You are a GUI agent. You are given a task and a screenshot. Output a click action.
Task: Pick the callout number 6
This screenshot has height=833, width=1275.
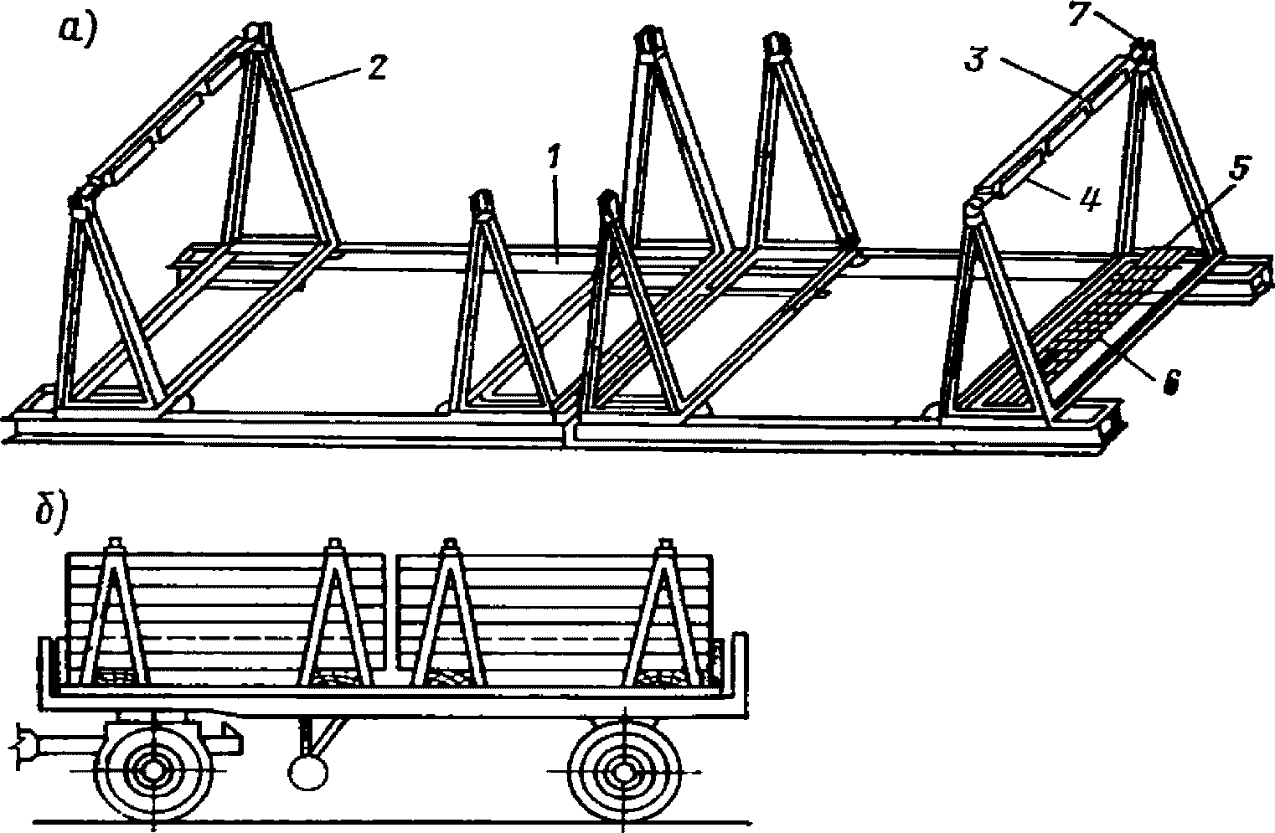[x=1170, y=382]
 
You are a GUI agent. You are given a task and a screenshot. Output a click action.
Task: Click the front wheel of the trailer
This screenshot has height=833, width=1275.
[x=153, y=769]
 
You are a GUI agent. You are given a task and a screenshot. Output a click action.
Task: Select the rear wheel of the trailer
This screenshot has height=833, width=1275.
[x=623, y=769]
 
